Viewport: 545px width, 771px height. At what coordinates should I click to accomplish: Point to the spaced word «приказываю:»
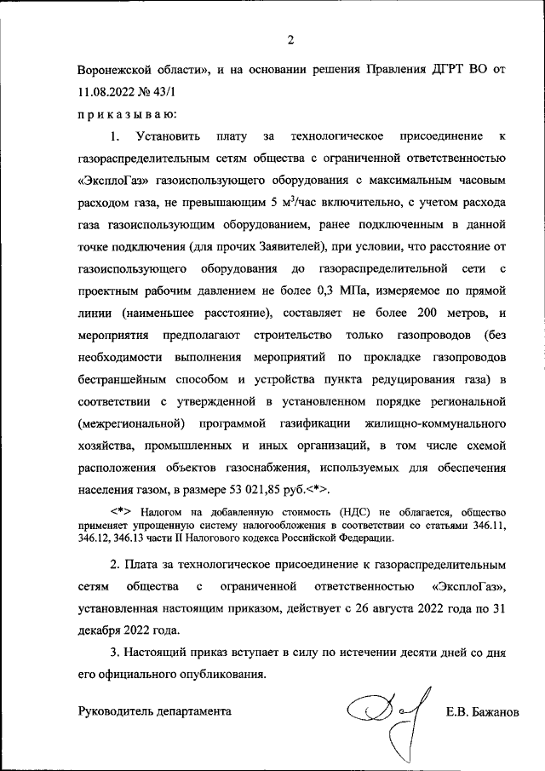point(122,113)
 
